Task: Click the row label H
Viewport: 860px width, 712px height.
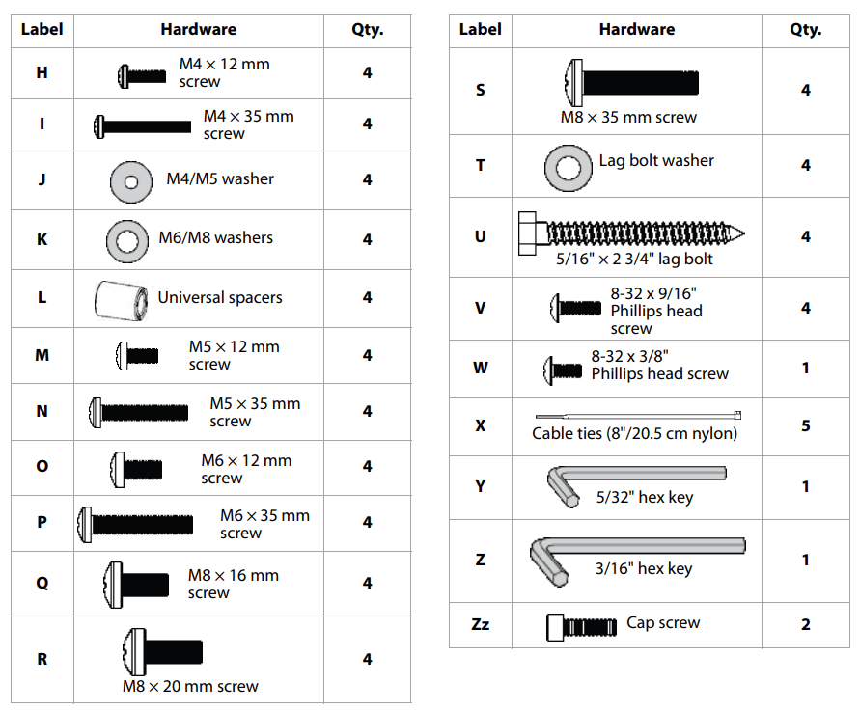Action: (x=42, y=72)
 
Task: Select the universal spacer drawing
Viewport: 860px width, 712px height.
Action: (x=122, y=300)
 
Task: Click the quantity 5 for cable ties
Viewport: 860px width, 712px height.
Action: (x=806, y=425)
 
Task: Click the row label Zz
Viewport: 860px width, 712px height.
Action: (x=480, y=624)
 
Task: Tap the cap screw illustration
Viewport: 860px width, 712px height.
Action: (x=581, y=627)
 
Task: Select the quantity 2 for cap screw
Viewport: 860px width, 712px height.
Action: (x=806, y=624)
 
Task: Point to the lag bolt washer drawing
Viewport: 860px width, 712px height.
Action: (x=569, y=168)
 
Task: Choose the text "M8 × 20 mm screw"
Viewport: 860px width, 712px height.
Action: (x=190, y=686)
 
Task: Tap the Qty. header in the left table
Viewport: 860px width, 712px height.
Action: (x=368, y=30)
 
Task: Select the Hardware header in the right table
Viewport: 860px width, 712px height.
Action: (x=637, y=29)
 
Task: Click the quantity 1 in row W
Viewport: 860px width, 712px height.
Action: (x=806, y=368)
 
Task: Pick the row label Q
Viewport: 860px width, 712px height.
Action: (x=42, y=583)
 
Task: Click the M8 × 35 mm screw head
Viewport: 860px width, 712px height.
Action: (x=573, y=83)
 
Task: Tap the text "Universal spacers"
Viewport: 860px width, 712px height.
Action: (x=220, y=297)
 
